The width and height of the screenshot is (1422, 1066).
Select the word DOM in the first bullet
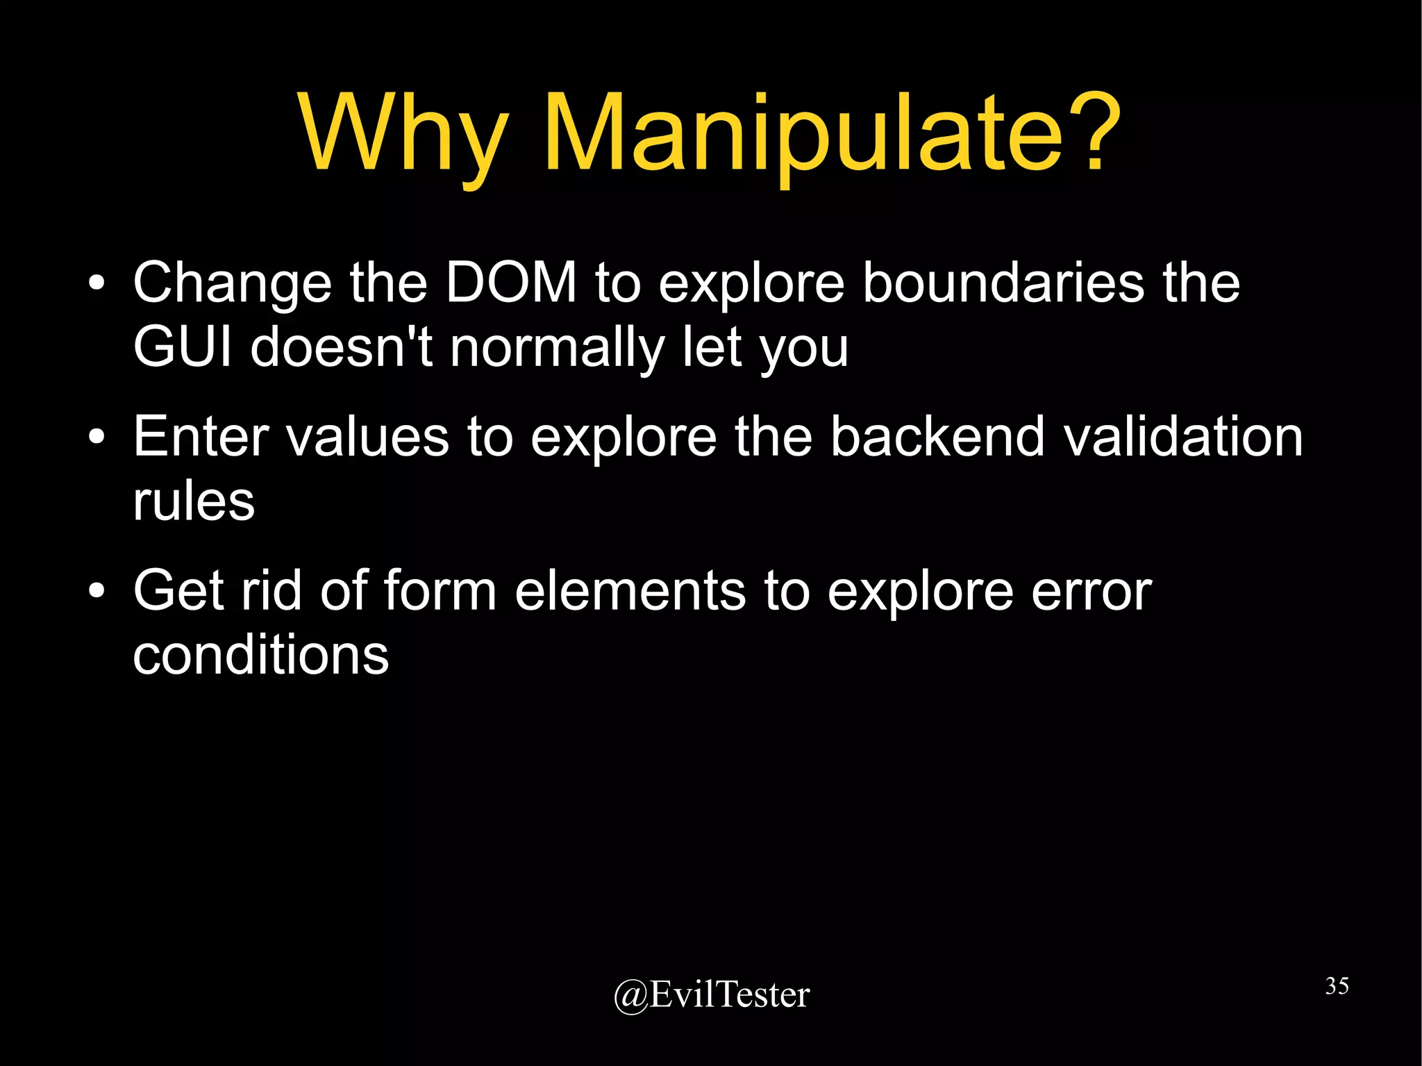click(x=511, y=283)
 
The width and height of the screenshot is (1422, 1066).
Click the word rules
click(x=194, y=501)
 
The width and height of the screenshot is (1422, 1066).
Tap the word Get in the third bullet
click(x=178, y=590)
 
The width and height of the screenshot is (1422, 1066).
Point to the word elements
click(x=630, y=590)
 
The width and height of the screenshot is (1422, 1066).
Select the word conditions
click(x=260, y=654)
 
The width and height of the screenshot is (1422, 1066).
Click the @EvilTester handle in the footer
click(x=712, y=994)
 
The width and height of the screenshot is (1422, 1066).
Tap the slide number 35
click(x=1337, y=985)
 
